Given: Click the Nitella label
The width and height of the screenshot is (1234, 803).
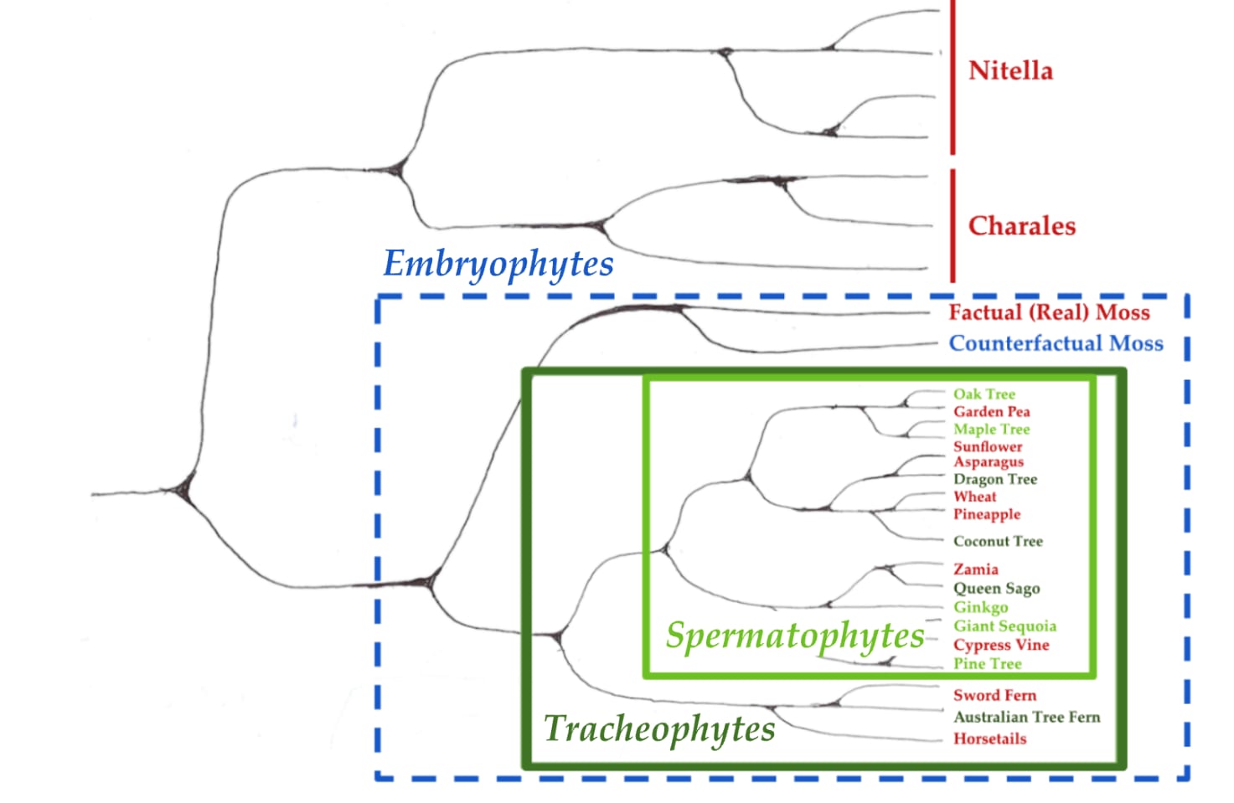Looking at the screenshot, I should coord(1010,70).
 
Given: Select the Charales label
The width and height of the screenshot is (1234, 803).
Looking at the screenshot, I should coord(1021,226).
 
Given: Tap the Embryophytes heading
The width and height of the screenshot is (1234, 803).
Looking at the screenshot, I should coord(498,264).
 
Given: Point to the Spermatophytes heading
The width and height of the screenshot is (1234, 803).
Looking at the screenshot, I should coord(795,636).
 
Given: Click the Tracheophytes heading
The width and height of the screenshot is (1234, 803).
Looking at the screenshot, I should coord(659,728).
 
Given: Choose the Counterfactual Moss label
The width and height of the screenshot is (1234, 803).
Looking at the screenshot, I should coord(1056,343).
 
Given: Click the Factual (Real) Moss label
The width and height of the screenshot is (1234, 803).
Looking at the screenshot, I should coord(1049,312).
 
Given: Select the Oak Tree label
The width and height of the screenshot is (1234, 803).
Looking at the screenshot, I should coord(984,394).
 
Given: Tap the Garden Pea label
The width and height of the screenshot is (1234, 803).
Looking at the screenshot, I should coord(991,411).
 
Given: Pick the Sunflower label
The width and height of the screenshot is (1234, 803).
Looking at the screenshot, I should coord(988,446).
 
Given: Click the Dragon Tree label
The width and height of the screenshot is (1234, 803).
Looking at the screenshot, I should coord(995,479).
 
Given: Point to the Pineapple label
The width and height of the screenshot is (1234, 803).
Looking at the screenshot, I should coord(987,514).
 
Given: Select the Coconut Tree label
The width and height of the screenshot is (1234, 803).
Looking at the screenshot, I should coord(998,541).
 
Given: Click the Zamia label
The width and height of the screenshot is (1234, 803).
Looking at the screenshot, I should coord(975,569).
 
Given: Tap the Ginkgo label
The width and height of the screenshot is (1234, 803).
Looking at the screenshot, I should coord(980,607).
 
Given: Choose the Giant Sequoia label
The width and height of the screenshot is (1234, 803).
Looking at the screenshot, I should coord(1004,625).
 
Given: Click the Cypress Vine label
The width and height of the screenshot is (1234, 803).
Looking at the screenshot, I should coord(1001,645).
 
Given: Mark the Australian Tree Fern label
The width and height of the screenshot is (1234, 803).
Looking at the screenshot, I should coord(1026,717).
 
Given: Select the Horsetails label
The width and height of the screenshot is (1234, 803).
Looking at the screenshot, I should coord(989,739).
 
